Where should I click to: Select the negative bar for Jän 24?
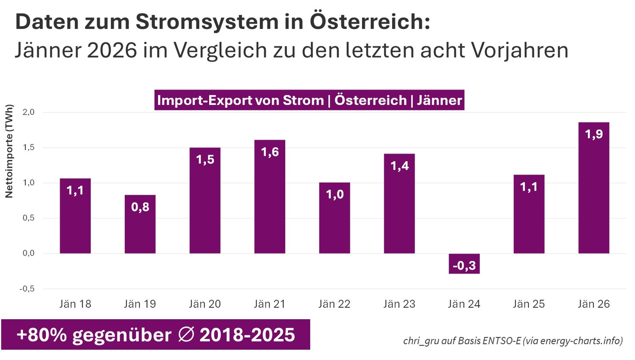pyautogui.click(x=464, y=264)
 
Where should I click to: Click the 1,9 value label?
pyautogui.click(x=594, y=134)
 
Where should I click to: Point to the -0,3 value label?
pyautogui.click(x=464, y=265)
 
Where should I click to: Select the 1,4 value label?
pyautogui.click(x=399, y=166)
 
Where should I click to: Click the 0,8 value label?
pyautogui.click(x=140, y=207)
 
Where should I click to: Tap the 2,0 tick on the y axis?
pyautogui.click(x=28, y=112)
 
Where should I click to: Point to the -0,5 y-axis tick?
pyautogui.click(x=27, y=289)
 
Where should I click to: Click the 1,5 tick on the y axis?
pyautogui.click(x=28, y=148)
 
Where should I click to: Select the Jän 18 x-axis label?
pyautogui.click(x=75, y=304)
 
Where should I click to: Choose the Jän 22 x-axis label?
pyautogui.click(x=334, y=304)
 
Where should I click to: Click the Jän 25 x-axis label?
pyautogui.click(x=529, y=304)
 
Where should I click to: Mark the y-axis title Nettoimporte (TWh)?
pyautogui.click(x=9, y=151)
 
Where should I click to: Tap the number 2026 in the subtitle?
pyautogui.click(x=112, y=50)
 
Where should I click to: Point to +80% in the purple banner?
pyautogui.click(x=42, y=335)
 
